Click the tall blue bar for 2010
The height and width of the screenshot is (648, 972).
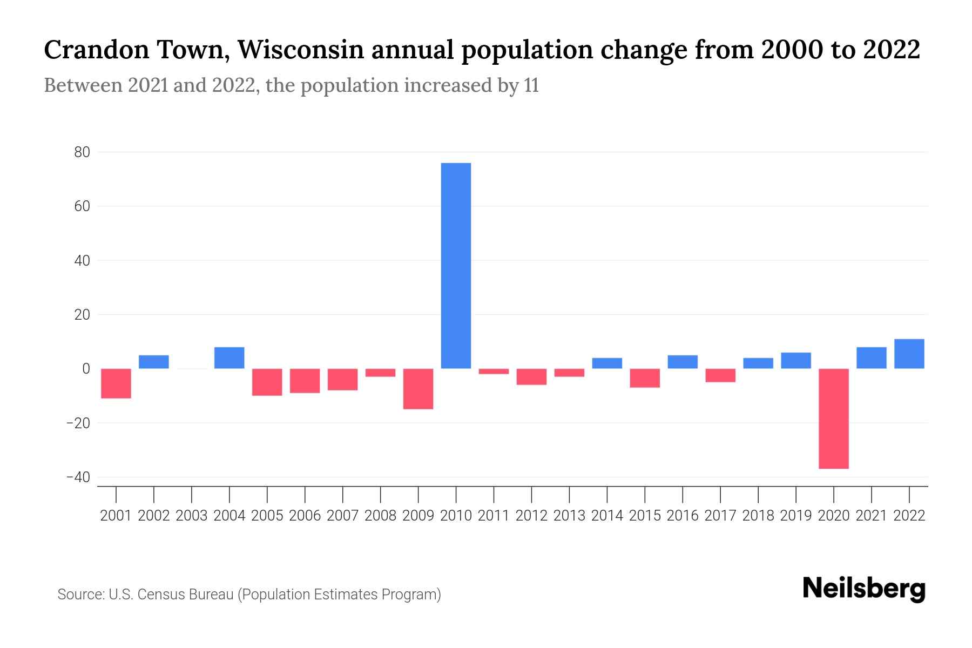pyautogui.click(x=456, y=266)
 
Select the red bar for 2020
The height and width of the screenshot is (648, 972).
pyautogui.click(x=833, y=418)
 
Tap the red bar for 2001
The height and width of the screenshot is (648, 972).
pyautogui.click(x=116, y=383)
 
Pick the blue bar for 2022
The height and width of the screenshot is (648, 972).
pyautogui.click(x=909, y=354)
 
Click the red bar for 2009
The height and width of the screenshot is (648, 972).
pyautogui.click(x=418, y=389)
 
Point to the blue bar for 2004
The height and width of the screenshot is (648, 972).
pyautogui.click(x=230, y=358)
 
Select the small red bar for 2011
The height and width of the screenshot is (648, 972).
pyautogui.click(x=494, y=372)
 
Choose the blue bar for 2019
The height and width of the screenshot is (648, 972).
pyautogui.click(x=795, y=361)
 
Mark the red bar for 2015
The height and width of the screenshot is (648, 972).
pyautogui.click(x=645, y=378)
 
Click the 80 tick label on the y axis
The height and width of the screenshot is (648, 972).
pyautogui.click(x=82, y=152)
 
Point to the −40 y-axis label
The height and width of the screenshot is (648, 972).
pyautogui.click(x=78, y=477)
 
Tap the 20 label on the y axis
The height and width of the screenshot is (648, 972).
pyautogui.click(x=82, y=315)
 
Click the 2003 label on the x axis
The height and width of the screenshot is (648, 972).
pyautogui.click(x=192, y=516)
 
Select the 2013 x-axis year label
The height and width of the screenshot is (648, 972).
pyautogui.click(x=569, y=516)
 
